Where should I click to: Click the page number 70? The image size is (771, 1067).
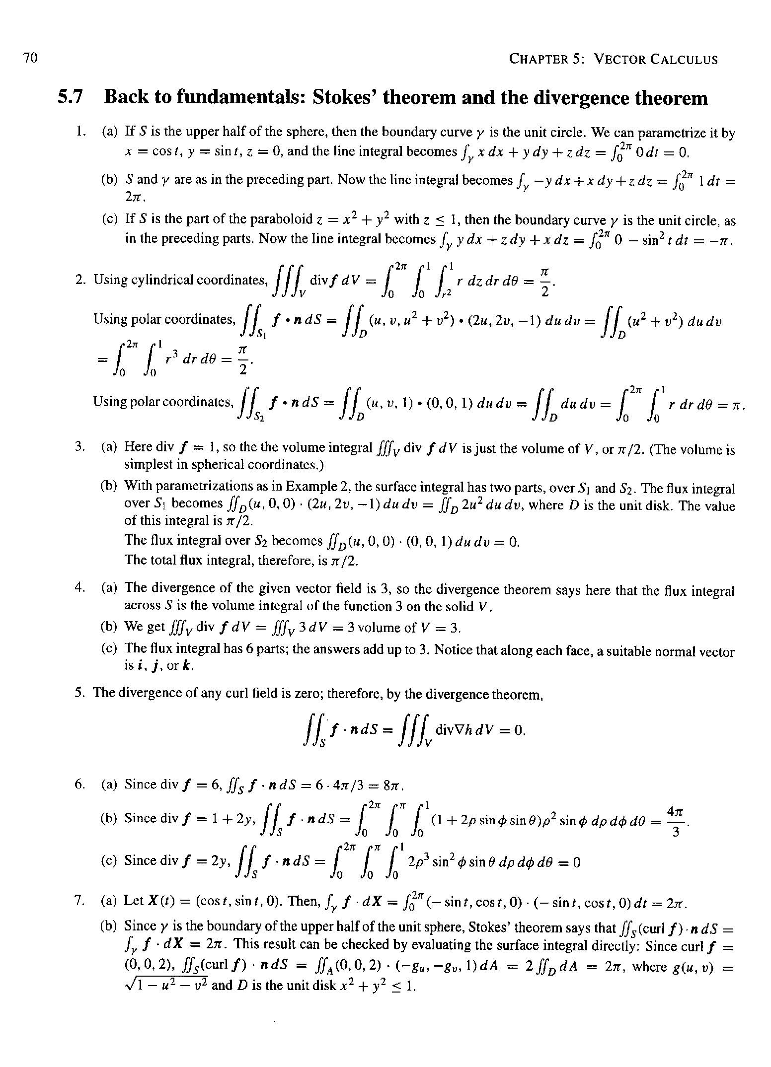click(x=30, y=59)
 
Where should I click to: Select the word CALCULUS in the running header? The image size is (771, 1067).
click(x=684, y=60)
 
